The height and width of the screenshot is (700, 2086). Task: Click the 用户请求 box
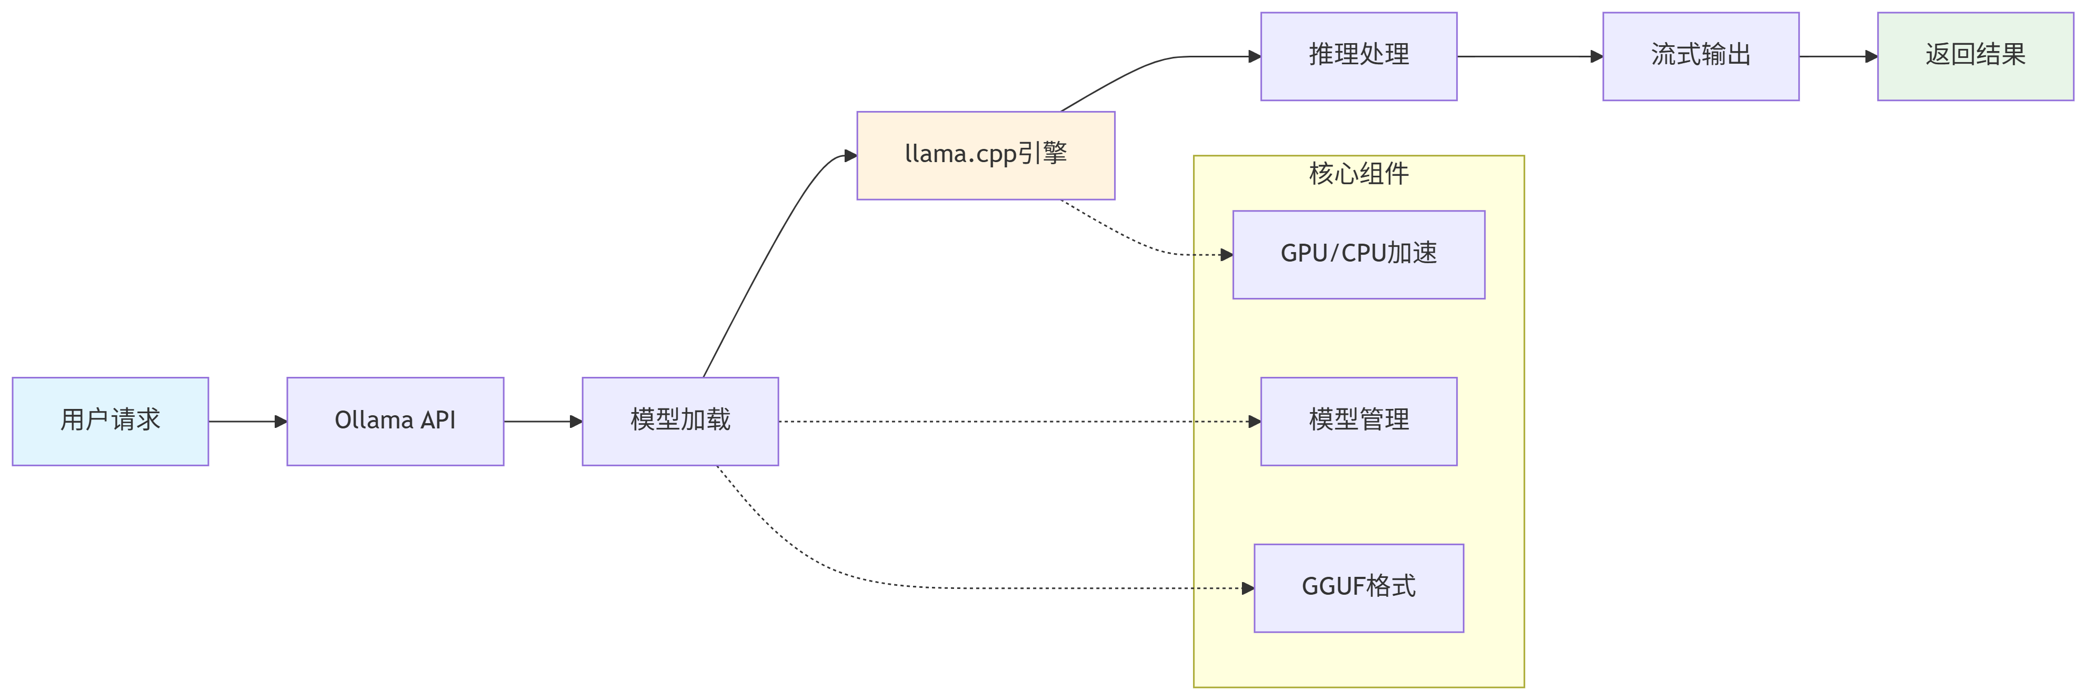pyautogui.click(x=110, y=421)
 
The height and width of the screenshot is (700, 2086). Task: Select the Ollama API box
pyautogui.click(x=395, y=421)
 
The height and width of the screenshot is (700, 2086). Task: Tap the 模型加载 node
pyautogui.click(x=680, y=421)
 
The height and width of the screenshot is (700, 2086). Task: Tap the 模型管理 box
pyautogui.click(x=1359, y=421)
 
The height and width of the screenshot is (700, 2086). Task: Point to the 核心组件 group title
pyautogui.click(x=1359, y=173)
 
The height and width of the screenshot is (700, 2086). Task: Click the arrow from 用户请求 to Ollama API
pyautogui.click(x=247, y=421)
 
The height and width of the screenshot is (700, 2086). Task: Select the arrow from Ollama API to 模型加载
pyautogui.click(x=543, y=421)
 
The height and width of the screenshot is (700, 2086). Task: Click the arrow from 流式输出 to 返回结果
pyautogui.click(x=1838, y=57)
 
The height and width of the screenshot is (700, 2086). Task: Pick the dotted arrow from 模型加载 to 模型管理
pyautogui.click(x=1012, y=421)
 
